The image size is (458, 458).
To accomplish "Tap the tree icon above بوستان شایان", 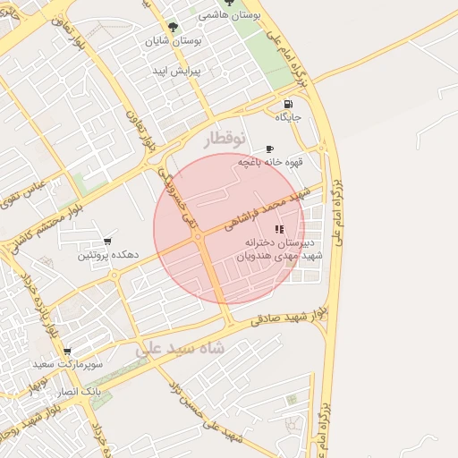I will pos(173,27).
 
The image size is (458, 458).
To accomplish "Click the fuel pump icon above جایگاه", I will pos(287,102).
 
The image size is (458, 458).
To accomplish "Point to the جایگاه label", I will pos(288,117).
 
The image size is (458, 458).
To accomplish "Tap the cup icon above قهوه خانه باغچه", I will pos(269,148).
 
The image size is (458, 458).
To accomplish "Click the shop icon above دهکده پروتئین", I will pos(107,241).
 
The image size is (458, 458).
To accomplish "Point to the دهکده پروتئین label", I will pos(107,255).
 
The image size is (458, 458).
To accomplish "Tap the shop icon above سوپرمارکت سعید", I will pos(66,351).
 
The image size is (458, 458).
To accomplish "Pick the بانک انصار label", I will pos(81,393).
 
